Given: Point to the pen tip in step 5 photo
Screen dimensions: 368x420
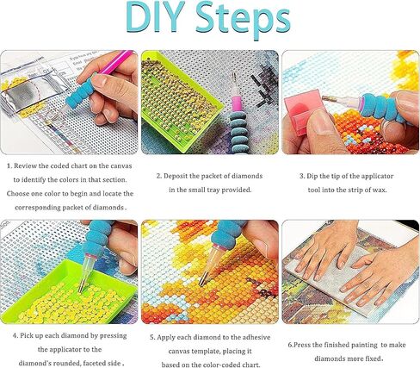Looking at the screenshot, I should point(204,283).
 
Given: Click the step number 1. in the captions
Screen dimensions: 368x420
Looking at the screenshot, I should point(9,165).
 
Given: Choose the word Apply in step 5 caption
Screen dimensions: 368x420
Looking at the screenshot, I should point(166,338).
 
